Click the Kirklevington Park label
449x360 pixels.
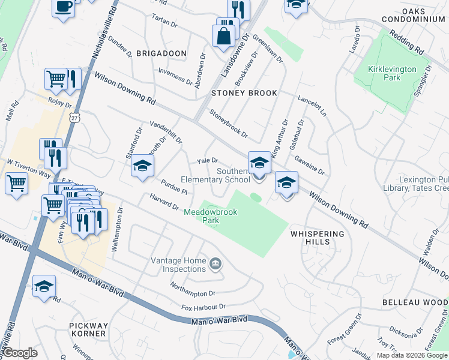[x=392, y=73]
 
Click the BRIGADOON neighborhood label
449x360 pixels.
[x=161, y=53]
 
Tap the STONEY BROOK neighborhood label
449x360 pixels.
[x=244, y=93]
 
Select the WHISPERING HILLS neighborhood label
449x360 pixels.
[x=318, y=238]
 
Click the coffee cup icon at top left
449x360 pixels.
[x=63, y=7]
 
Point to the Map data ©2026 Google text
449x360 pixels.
[x=412, y=355]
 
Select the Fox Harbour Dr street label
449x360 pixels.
[x=204, y=307]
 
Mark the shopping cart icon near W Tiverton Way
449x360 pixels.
[x=16, y=183]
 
